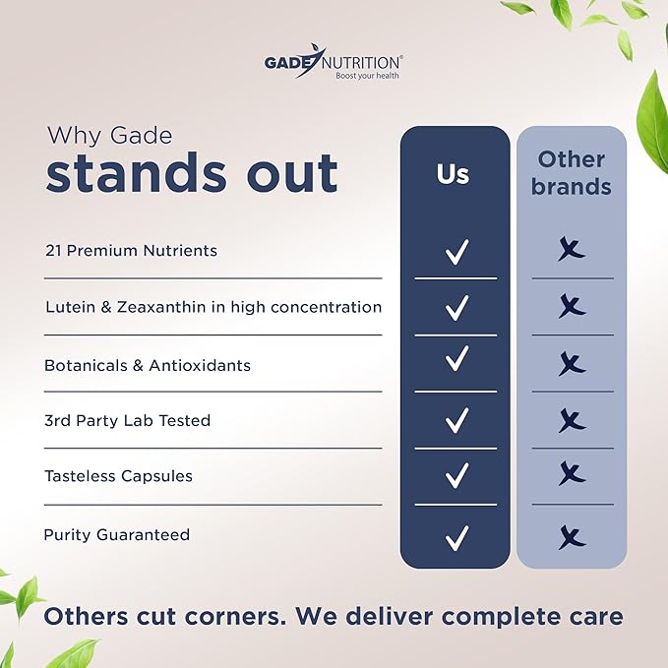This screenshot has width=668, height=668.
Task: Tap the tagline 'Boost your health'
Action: pos(367,76)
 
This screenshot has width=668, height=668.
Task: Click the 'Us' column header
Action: pos(453,174)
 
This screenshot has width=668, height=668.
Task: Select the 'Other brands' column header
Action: pos(572,173)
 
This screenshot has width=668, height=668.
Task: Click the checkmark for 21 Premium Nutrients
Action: pos(456,252)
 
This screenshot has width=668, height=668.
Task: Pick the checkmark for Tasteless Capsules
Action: pos(456,475)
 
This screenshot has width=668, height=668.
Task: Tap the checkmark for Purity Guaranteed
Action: pos(456,537)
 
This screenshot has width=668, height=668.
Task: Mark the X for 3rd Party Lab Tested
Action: pos(573,420)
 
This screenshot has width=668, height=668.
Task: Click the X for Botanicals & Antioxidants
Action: pos(573,363)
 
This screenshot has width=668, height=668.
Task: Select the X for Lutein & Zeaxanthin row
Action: pos(573,305)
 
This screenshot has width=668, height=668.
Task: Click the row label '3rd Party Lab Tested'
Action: pos(127,420)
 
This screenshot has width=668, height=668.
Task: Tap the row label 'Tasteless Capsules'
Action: pos(118,476)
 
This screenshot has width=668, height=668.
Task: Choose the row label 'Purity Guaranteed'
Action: pos(117,534)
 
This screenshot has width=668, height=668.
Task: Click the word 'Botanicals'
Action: pos(86,365)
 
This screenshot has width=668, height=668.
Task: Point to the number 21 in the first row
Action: pos(53,251)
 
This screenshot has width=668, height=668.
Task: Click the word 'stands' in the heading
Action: pos(137,173)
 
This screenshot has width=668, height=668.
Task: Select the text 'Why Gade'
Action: pos(110,136)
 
